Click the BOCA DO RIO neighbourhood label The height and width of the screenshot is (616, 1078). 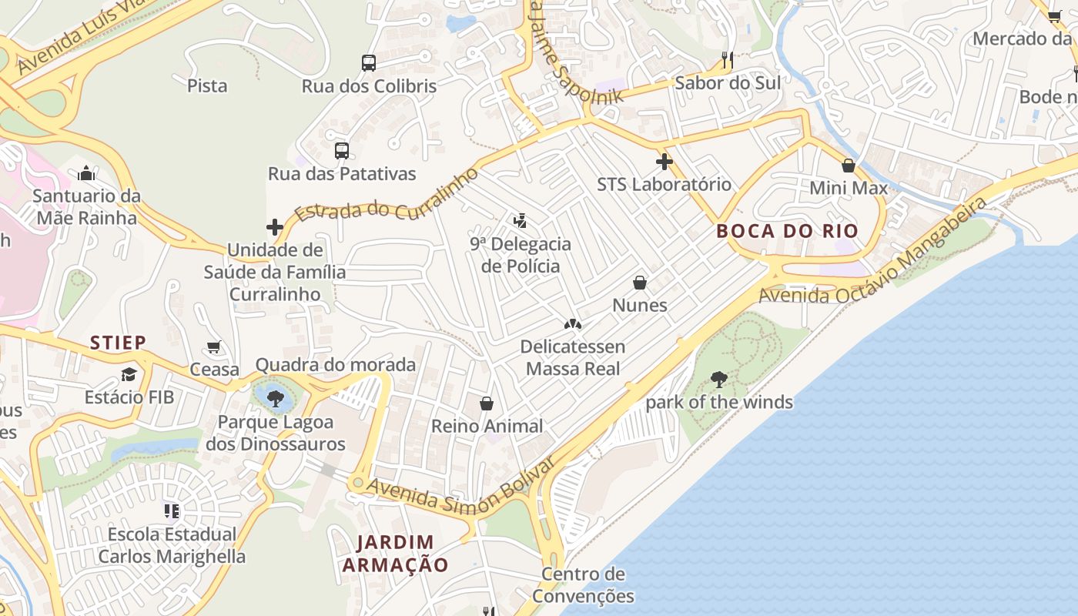pos(787,231)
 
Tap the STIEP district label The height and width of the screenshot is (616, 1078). pos(118,343)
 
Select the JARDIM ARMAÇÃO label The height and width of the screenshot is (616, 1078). pos(395,554)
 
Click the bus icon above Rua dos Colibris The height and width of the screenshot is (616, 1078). pos(369,63)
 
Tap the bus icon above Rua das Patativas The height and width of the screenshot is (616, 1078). pos(342,151)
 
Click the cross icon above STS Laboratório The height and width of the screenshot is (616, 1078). pos(664,162)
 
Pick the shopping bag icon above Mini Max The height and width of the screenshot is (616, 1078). pos(849,166)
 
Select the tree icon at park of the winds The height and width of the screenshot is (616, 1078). pos(719,380)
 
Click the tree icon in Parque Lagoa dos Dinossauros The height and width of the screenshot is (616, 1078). pos(275,399)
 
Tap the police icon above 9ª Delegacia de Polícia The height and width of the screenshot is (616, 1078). pos(521,222)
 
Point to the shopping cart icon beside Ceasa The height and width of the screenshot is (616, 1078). pos(214,347)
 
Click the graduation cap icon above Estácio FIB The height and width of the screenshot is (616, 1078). pos(129,375)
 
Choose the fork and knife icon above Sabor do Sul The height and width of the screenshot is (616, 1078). pos(727,60)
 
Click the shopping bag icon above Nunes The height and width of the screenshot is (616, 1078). pos(639,283)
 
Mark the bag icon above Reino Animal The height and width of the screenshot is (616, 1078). pos(487,403)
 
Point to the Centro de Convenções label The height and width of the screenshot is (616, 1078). pos(583,585)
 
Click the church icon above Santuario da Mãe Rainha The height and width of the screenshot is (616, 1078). pos(86,173)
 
